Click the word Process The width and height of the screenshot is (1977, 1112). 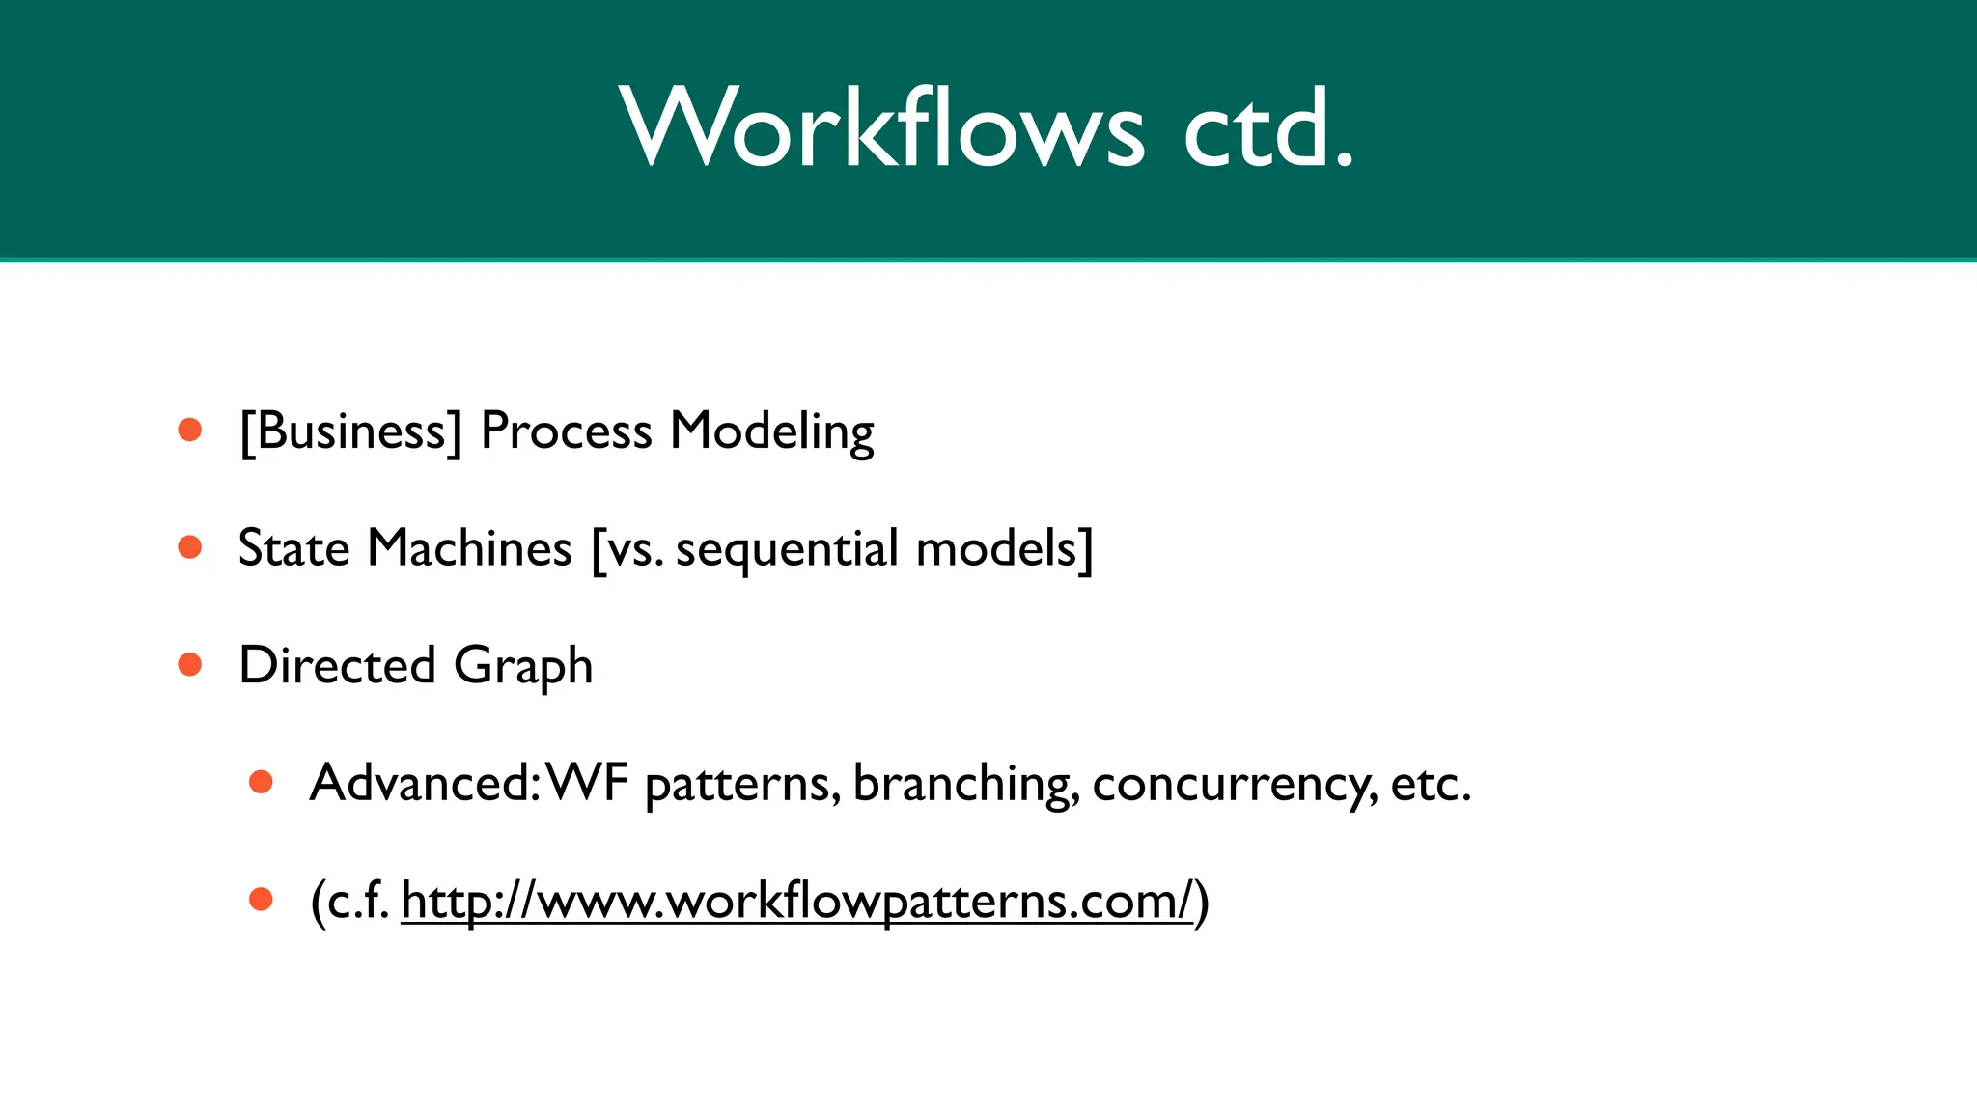pos(566,431)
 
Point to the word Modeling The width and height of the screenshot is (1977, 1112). pos(772,431)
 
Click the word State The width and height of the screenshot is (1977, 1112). pos(293,548)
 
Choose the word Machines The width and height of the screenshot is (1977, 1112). pos(469,548)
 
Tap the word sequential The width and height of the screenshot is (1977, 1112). pos(787,548)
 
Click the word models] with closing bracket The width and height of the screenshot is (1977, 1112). pos(1004,548)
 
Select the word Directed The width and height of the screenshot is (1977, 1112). pos(337,665)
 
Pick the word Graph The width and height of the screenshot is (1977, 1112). pos(523,665)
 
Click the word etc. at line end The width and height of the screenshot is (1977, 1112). pos(1431,783)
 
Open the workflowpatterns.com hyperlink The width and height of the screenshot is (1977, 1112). pos(797,902)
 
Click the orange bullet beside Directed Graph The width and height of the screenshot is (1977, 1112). pos(190,665)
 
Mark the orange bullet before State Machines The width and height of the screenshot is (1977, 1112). pos(190,547)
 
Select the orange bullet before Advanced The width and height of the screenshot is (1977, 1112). pos(261,782)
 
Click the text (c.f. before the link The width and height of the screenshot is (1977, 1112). pos(349,902)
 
